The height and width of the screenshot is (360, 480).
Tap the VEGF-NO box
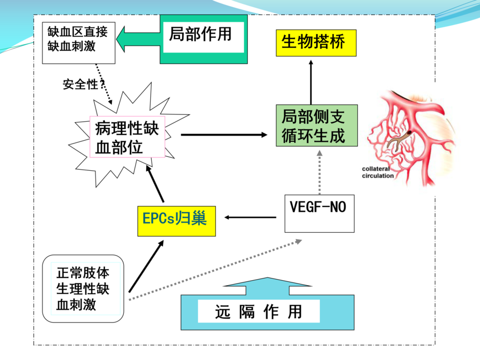319,213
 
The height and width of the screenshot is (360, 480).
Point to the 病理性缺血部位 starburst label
127,137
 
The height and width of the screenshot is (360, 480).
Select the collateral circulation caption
377,172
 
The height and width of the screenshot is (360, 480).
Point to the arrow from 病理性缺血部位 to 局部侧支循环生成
223,135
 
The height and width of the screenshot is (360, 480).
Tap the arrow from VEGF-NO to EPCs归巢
249,218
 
